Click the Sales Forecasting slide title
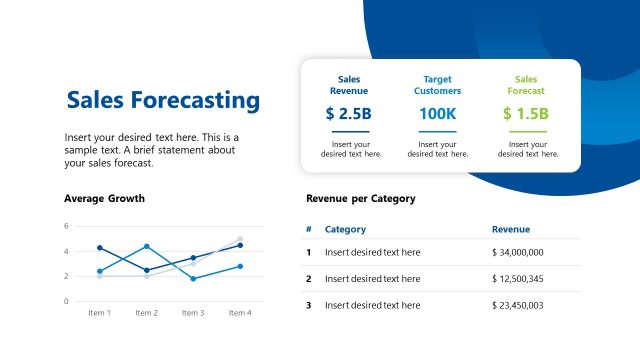tap(162, 100)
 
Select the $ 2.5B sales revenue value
tap(348, 114)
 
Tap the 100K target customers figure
tap(437, 114)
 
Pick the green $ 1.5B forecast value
tap(526, 114)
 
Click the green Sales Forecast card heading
tap(526, 84)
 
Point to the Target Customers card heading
tap(437, 84)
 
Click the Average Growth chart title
tap(104, 198)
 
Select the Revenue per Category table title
tap(360, 198)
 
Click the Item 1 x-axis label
tap(99, 313)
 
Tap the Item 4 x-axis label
tap(239, 313)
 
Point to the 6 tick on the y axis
tap(66, 226)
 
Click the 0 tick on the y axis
tap(66, 301)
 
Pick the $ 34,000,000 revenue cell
tap(518, 252)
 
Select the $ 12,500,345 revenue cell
tap(518, 278)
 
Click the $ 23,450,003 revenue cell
tap(518, 305)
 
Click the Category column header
tap(345, 229)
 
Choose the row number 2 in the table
tap(309, 278)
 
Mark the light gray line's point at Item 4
tap(240, 239)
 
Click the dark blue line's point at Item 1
tap(100, 248)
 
